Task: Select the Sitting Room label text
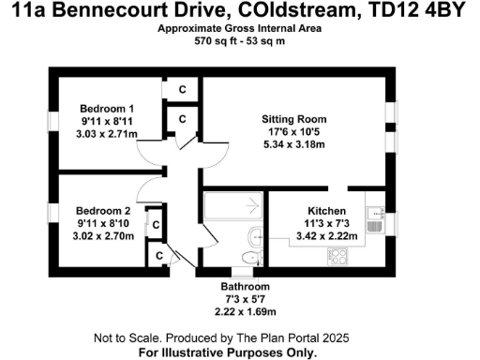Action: (x=293, y=119)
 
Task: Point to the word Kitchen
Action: (x=328, y=211)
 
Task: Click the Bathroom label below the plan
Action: (x=245, y=286)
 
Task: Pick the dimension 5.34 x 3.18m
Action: (x=293, y=145)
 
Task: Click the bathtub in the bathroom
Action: (x=232, y=206)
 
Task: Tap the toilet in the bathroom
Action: (x=249, y=256)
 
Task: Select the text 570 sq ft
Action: (x=213, y=42)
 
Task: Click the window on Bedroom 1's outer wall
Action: (x=52, y=123)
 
